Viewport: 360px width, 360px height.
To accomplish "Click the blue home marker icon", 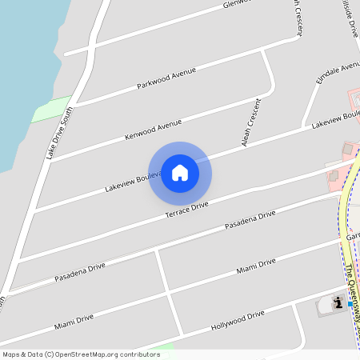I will [180, 173].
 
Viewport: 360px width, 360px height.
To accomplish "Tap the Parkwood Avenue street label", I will [166, 78].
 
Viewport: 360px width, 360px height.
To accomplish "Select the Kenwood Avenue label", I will [153, 130].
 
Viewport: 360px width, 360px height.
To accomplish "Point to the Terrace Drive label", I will [186, 211].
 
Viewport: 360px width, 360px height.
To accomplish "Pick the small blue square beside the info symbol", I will [350, 305].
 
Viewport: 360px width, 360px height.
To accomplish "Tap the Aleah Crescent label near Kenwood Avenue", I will [251, 122].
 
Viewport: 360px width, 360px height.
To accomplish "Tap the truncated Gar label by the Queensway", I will [353, 238].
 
